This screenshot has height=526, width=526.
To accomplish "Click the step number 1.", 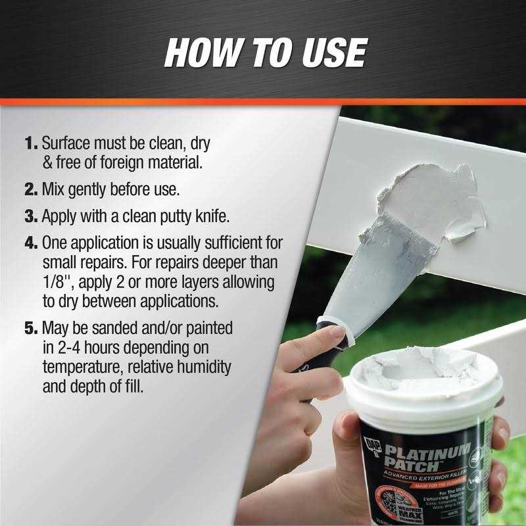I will point(32,143).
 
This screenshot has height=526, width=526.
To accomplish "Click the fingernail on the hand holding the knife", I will point(340,333).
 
